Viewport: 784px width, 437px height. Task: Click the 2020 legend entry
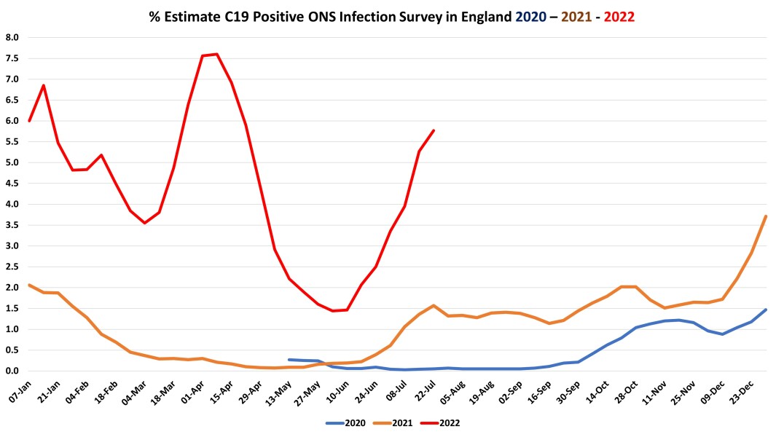click(347, 422)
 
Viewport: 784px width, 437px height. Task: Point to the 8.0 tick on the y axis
click(12, 37)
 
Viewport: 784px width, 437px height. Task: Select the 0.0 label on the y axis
click(12, 371)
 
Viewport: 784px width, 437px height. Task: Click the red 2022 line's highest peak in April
click(217, 54)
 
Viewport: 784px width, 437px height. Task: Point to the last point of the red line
click(434, 130)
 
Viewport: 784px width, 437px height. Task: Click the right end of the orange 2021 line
click(766, 216)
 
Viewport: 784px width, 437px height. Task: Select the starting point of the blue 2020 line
click(289, 359)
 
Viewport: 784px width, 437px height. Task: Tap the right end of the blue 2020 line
click(766, 310)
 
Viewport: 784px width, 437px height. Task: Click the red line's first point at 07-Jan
click(29, 121)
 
